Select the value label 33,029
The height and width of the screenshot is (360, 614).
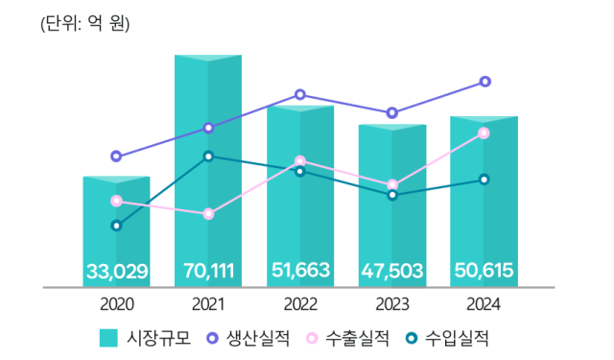click(x=116, y=272)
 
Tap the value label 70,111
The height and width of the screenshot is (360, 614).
click(x=208, y=272)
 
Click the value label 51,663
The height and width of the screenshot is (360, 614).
click(x=300, y=272)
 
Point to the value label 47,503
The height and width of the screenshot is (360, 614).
click(x=391, y=272)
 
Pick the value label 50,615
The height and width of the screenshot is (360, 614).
click(x=484, y=272)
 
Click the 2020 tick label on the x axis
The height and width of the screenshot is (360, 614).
click(x=116, y=304)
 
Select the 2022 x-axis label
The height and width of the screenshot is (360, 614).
click(x=300, y=304)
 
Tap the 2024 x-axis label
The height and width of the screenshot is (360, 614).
click(x=484, y=304)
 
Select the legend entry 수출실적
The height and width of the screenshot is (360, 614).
click(x=347, y=338)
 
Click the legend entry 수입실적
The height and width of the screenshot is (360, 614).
click(x=447, y=338)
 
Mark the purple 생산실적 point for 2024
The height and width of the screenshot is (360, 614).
click(x=484, y=82)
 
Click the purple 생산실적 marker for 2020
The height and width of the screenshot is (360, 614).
click(x=116, y=156)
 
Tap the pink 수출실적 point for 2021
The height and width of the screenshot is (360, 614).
click(x=208, y=214)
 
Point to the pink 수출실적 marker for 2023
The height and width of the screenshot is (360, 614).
click(x=392, y=184)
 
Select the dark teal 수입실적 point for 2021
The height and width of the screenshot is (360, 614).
click(x=208, y=156)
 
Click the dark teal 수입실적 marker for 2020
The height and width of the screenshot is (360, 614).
click(x=116, y=226)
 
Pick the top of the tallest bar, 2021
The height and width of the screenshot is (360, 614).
click(x=208, y=57)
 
